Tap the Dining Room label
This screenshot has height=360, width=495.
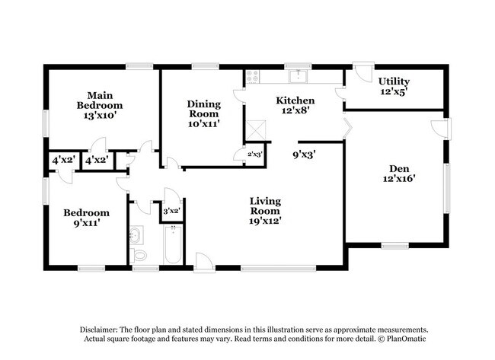pyautogui.click(x=204, y=109)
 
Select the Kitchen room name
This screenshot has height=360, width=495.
pyautogui.click(x=295, y=100)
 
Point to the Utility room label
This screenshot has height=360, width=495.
pyautogui.click(x=394, y=81)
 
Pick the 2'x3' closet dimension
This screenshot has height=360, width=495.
pyautogui.click(x=255, y=155)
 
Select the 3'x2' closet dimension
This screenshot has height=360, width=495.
pyautogui.click(x=172, y=211)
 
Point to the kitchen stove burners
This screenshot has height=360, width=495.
pyautogui.click(x=253, y=76)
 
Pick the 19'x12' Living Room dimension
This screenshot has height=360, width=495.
pyautogui.click(x=266, y=221)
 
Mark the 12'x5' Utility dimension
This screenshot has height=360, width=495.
pyautogui.click(x=394, y=92)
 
